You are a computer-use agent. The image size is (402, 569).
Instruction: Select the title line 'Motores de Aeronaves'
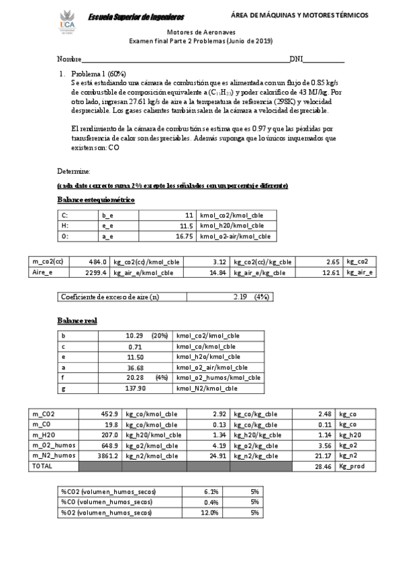click(201, 32)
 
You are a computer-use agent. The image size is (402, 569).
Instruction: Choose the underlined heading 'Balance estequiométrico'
click(97, 200)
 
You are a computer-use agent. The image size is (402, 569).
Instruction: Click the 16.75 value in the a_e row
click(183, 236)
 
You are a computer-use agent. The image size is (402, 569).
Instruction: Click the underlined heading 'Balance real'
click(77, 321)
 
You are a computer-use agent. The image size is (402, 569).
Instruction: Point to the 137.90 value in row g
click(136, 388)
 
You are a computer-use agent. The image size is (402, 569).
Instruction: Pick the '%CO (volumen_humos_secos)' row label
click(107, 502)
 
